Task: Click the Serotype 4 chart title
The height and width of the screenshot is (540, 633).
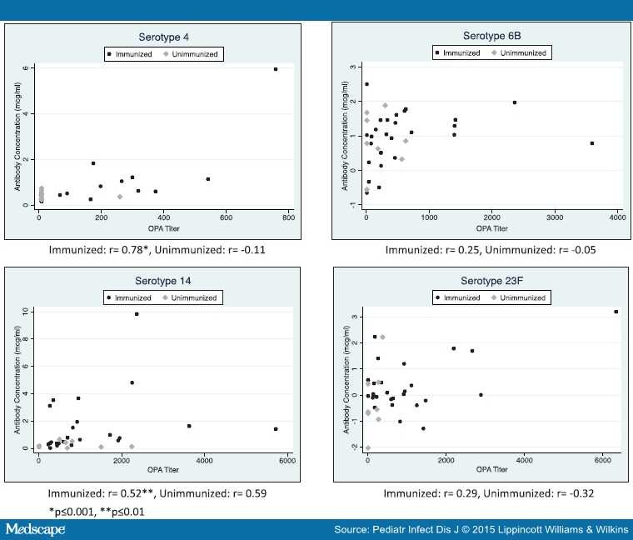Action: pyautogui.click(x=162, y=37)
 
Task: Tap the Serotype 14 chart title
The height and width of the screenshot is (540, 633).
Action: pyautogui.click(x=162, y=281)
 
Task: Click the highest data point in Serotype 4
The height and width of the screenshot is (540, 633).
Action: pyautogui.click(x=276, y=69)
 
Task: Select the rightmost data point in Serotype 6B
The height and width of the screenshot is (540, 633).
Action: pyautogui.click(x=591, y=143)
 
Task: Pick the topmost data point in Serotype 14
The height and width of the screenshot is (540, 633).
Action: pyautogui.click(x=137, y=314)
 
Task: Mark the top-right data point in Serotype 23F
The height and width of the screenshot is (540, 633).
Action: pyautogui.click(x=616, y=312)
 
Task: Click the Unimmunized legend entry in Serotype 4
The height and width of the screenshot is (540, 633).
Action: pyautogui.click(x=192, y=54)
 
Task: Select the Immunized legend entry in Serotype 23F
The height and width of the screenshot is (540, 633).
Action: pyautogui.click(x=457, y=297)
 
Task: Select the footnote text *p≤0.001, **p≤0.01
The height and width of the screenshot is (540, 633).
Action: pyautogui.click(x=96, y=511)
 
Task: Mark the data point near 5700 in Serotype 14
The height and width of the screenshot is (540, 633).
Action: pyautogui.click(x=276, y=429)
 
